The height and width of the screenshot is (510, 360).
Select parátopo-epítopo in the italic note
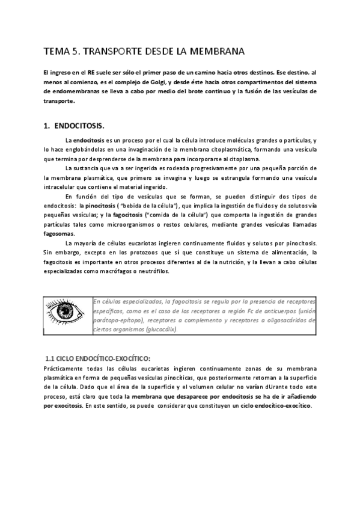pos(115,320)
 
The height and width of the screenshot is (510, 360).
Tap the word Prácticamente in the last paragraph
pos(66,367)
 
